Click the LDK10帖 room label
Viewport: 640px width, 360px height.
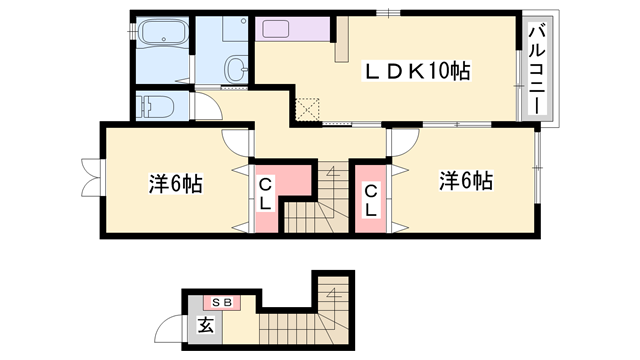click(417, 71)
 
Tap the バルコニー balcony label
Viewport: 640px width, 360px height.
click(537, 69)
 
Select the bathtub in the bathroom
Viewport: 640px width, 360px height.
click(163, 32)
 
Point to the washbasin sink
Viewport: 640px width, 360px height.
click(236, 69)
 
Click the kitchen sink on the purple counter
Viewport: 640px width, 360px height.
click(276, 29)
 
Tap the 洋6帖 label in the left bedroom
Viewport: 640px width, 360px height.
click(176, 183)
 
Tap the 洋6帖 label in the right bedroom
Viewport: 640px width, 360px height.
click(466, 180)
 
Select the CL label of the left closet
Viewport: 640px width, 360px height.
click(265, 195)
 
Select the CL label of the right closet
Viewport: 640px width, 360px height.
click(371, 200)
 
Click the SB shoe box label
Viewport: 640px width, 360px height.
click(223, 302)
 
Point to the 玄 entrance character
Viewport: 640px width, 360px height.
click(206, 325)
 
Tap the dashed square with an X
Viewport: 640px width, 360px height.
click(307, 109)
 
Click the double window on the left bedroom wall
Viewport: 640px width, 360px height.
click(91, 178)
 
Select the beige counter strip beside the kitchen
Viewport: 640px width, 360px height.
click(342, 39)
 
